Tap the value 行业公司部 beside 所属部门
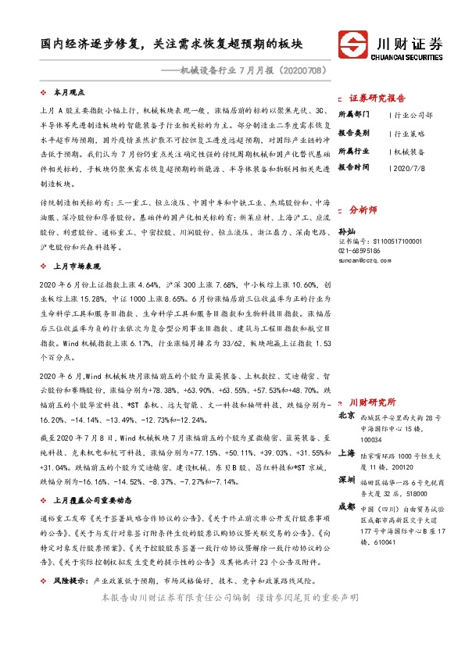coord(414,114)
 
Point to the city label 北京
coord(347,415)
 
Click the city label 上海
coord(347,452)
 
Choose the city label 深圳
coord(347,477)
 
